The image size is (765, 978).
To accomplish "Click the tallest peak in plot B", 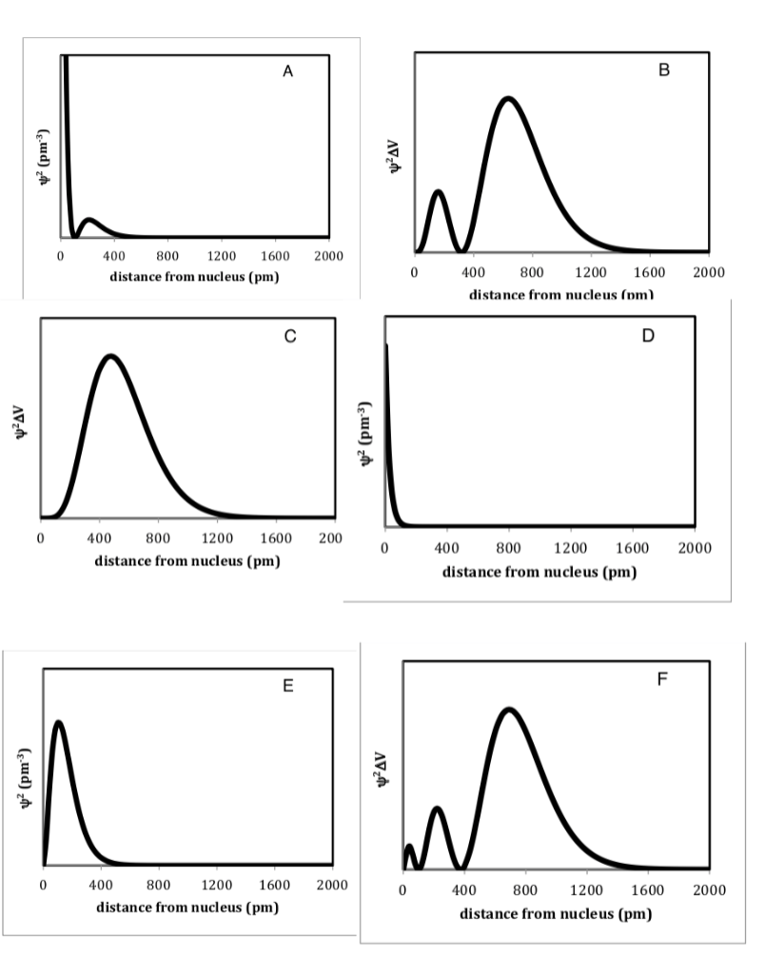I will point(509,98).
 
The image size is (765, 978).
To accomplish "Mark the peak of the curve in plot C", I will point(111,357).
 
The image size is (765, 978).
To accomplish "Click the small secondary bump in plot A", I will point(88,220).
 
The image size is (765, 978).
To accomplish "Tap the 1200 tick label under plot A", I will point(221,257).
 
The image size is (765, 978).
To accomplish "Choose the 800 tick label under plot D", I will point(508,549).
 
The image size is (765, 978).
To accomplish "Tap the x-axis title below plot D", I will point(539,572).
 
